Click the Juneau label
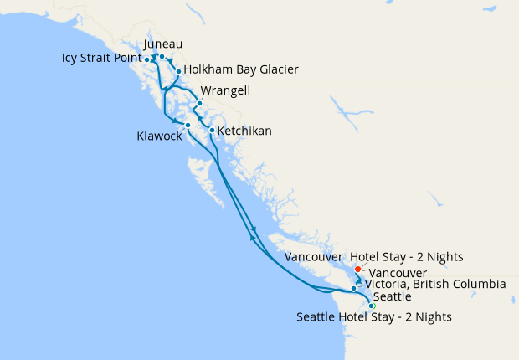163,44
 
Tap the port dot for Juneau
162,57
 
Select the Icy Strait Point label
100,59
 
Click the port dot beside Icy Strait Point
147,59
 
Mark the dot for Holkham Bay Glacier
178,71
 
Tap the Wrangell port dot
199,104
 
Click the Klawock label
159,136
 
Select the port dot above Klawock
188,125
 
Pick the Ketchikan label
245,131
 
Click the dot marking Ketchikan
212,130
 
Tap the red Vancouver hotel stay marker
358,269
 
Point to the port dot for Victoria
354,288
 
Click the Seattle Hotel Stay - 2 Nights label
374,317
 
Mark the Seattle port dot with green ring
372,306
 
